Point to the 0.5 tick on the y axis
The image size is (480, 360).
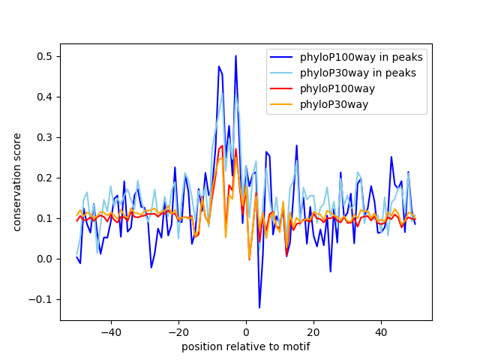point(46,56)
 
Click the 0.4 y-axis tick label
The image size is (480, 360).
point(46,97)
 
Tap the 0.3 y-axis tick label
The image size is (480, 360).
point(46,137)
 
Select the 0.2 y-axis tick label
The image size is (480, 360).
point(46,178)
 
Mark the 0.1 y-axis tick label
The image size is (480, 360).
point(46,218)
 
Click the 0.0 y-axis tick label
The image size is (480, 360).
point(46,259)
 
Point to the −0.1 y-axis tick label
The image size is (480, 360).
point(43,299)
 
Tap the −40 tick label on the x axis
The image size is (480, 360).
point(110,331)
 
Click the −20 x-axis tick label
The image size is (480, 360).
point(178,331)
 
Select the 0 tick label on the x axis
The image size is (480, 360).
point(246,331)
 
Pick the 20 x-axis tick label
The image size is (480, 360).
point(313,331)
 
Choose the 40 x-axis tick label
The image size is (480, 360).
point(381,331)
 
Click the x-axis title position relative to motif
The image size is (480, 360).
point(246,346)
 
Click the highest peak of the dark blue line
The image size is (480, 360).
point(235,55)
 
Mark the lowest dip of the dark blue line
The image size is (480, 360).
point(259,307)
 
